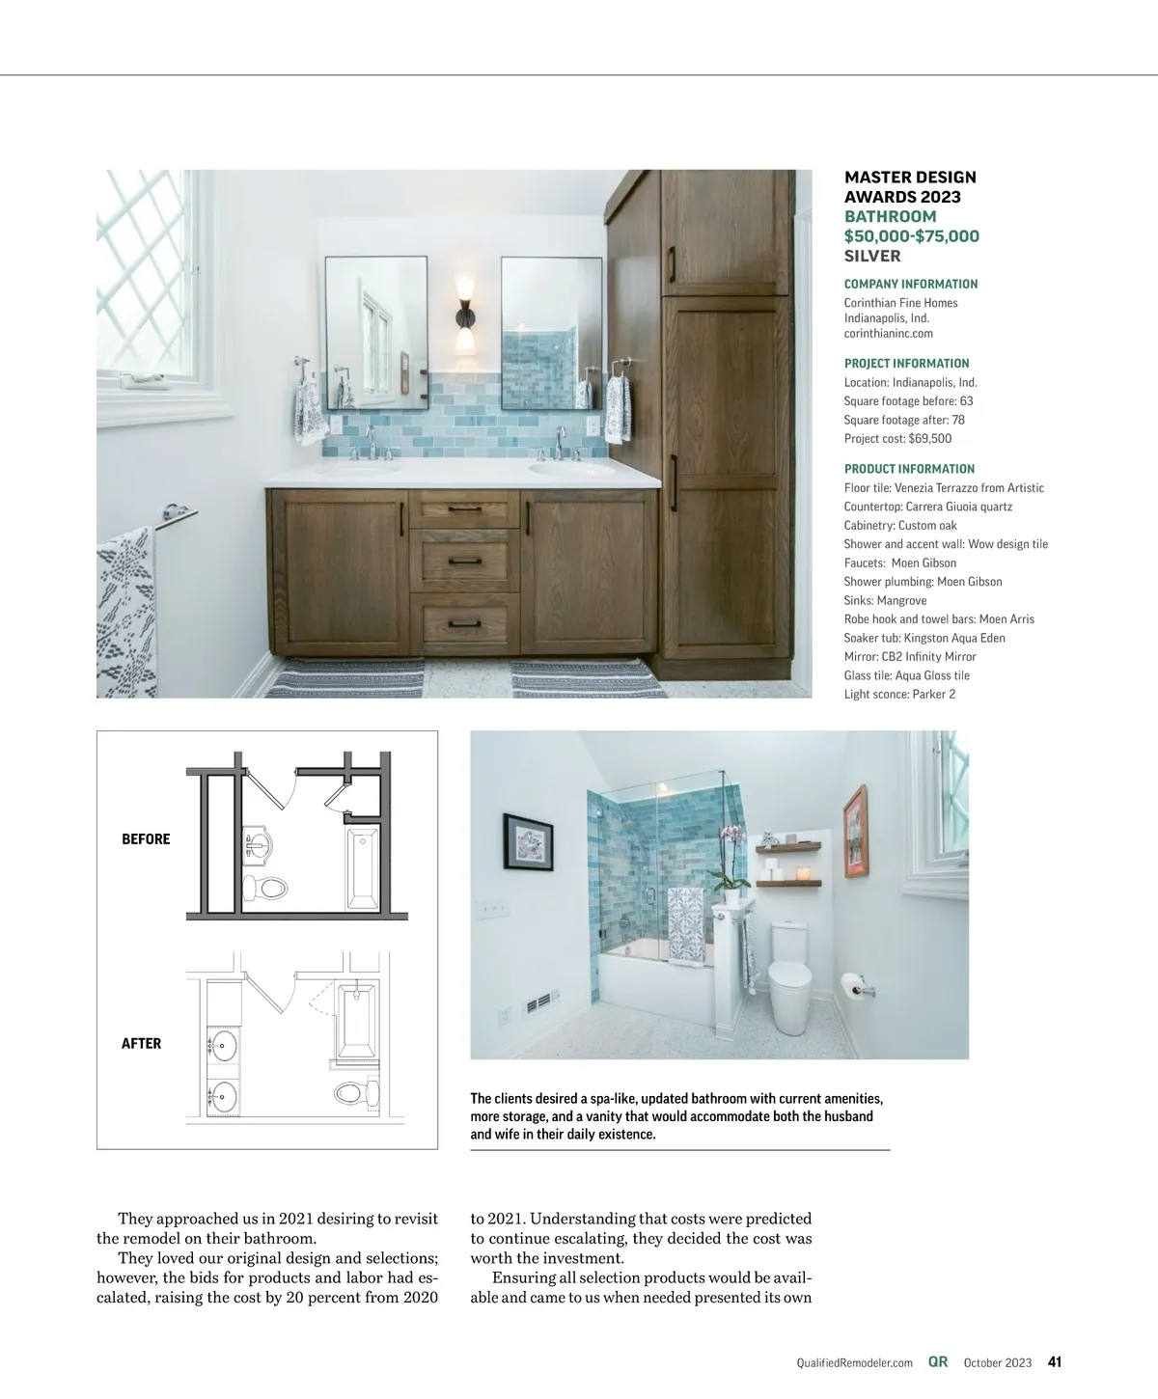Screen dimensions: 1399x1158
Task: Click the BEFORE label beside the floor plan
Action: (146, 839)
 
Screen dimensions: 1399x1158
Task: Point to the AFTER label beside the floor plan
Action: (141, 1043)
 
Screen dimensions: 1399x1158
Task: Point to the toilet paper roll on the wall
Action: (850, 986)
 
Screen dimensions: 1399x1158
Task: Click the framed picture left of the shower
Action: (528, 837)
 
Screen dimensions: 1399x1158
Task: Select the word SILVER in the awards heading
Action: (872, 256)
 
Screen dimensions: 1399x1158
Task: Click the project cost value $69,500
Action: (929, 438)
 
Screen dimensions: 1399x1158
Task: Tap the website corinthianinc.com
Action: (888, 334)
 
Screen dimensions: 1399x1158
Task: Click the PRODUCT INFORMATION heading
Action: (909, 469)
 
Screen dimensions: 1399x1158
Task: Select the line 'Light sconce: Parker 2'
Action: (899, 694)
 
